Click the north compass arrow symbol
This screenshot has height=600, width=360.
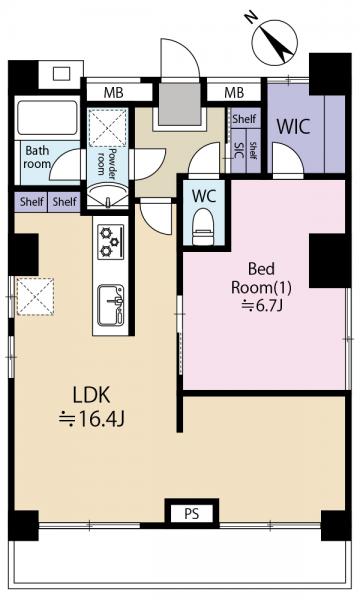click(275, 41)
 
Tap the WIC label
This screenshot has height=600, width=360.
click(293, 127)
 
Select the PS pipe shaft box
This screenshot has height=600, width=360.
click(192, 513)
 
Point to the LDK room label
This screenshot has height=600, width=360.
click(92, 395)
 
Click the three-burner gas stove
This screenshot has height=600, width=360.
click(111, 242)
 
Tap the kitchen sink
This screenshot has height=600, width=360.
click(111, 305)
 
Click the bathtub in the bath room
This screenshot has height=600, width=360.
click(47, 117)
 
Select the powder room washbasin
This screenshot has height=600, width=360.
click(108, 196)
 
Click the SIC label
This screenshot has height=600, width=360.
click(239, 150)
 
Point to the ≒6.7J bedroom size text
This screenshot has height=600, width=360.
click(262, 305)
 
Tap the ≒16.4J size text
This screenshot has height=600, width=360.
click(92, 420)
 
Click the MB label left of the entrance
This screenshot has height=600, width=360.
click(114, 93)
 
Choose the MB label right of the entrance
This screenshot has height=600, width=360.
click(234, 93)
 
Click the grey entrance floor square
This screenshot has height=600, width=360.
click(179, 104)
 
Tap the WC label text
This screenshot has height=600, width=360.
click(204, 196)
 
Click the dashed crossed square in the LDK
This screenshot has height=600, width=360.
click(35, 297)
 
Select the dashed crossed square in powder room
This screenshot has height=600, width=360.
click(108, 127)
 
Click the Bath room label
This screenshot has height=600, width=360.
click(37, 157)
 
